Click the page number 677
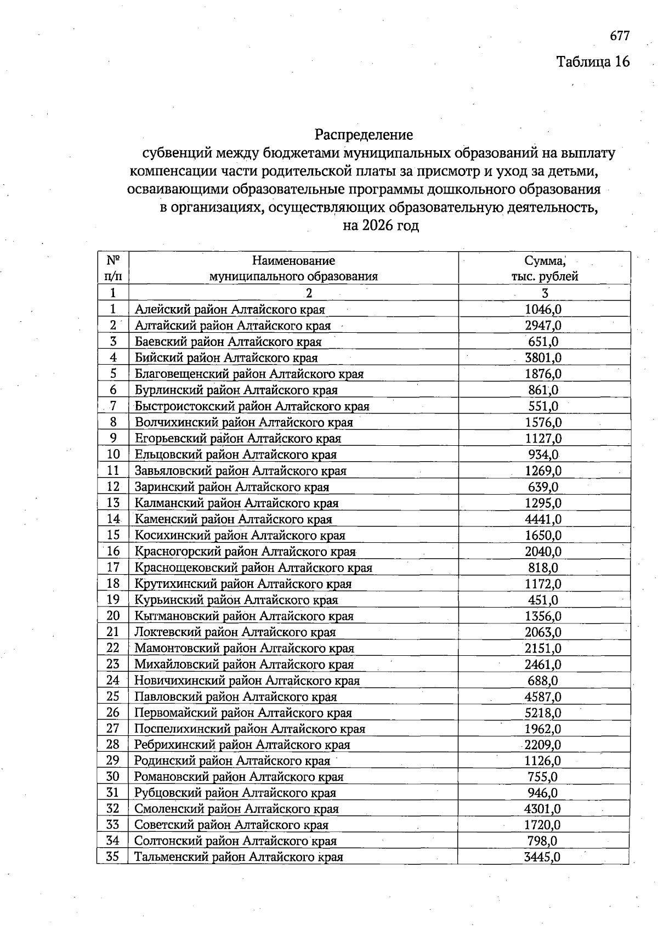coord(620,36)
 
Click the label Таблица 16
coord(593,61)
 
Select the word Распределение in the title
coord(364,134)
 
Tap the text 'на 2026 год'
coord(381,225)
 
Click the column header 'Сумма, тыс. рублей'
coord(544,268)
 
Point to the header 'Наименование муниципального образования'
coord(293,268)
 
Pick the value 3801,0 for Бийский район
coord(543,358)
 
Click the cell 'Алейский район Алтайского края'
coord(230,310)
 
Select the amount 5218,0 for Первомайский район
coord(543,713)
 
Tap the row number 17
coord(113,568)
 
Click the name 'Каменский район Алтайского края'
coord(234,519)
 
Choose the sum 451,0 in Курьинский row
coord(543,600)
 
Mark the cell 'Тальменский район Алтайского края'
coord(239,857)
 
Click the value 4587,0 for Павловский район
coord(543,697)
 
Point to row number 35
coord(112,857)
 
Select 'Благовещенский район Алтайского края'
coord(249,374)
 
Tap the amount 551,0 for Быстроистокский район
coord(543,406)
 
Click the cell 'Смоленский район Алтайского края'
coord(236,809)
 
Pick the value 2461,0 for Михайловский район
coord(543,665)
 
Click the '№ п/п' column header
coord(113,268)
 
